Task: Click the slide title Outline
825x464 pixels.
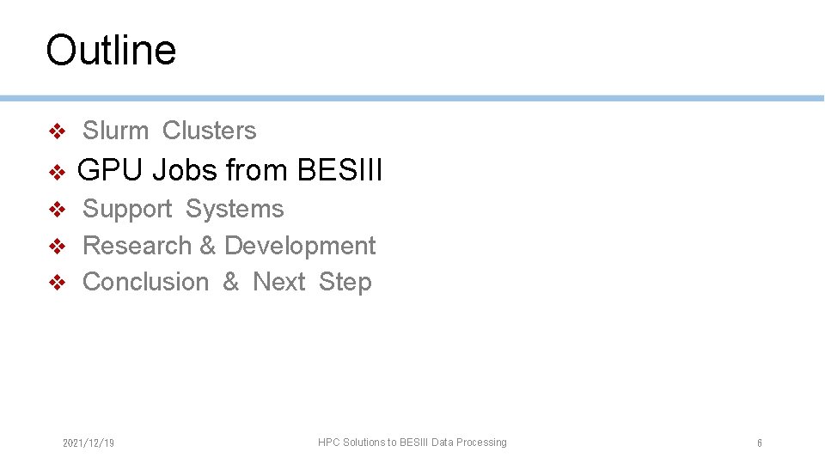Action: (111, 50)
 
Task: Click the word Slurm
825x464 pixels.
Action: (115, 131)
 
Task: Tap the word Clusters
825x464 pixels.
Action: (209, 131)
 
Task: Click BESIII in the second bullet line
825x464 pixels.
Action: (339, 171)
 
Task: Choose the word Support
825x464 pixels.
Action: (127, 210)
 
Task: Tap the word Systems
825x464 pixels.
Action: (234, 210)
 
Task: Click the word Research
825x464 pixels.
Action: (137, 246)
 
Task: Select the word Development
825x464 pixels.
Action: (300, 246)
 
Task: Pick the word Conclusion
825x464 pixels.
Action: (145, 282)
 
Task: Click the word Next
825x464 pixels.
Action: (278, 282)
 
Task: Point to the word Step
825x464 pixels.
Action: (345, 282)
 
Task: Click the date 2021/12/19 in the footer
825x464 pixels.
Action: (89, 443)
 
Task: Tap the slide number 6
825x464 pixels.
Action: (759, 443)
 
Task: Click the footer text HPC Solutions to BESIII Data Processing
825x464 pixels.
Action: (412, 443)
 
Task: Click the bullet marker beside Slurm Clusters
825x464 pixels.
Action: (57, 131)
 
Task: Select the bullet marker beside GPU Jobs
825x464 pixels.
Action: (57, 173)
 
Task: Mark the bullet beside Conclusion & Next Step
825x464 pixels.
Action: (57, 283)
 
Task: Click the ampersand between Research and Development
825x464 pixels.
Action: (207, 246)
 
